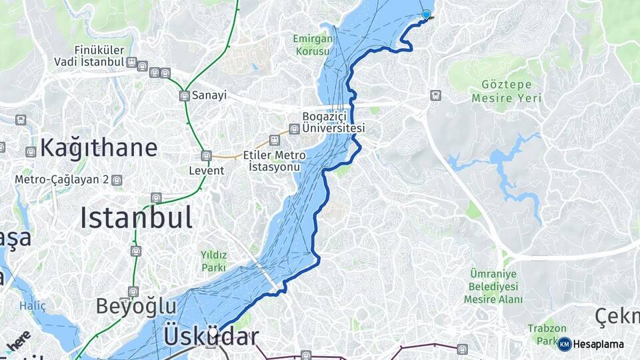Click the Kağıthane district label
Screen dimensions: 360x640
99,148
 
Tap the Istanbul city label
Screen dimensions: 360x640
137,218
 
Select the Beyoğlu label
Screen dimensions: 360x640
136,306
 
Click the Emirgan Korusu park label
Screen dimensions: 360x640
312,44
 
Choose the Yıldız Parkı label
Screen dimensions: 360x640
213,261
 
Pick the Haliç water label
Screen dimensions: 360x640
33,306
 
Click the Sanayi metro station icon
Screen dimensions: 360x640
185,96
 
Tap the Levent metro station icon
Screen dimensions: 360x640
206,155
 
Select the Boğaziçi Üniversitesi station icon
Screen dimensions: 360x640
294,129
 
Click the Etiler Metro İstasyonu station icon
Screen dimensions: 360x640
274,139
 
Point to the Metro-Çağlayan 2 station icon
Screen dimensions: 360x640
117,180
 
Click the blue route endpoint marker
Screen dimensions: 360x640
427,14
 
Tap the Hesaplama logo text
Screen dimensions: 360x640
599,344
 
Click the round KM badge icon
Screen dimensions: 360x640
564,344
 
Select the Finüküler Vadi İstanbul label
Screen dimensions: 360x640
91,56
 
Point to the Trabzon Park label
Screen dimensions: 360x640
547,334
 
